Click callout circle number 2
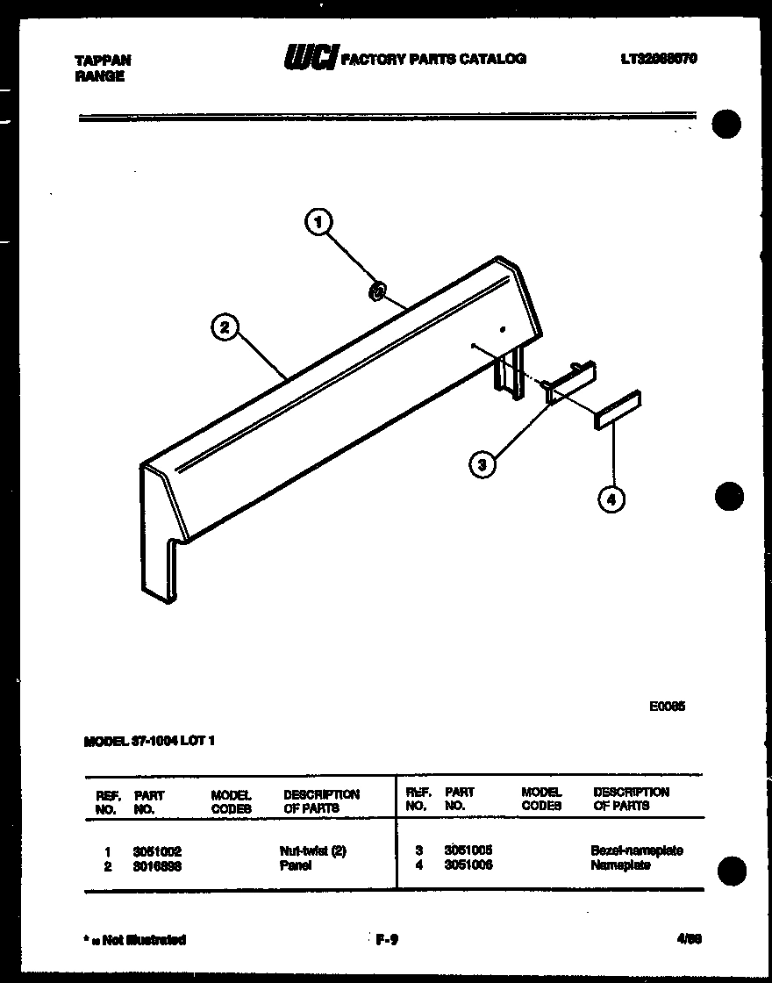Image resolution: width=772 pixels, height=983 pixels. click(225, 328)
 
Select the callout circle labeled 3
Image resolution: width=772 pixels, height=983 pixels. click(481, 464)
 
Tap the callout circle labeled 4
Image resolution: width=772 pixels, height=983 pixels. click(611, 499)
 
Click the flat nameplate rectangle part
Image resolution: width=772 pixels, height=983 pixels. click(617, 410)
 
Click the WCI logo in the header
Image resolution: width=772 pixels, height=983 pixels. click(310, 58)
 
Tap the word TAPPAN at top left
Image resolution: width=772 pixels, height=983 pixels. click(103, 61)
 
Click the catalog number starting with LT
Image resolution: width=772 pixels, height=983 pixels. click(658, 59)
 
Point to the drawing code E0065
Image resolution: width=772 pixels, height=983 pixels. click(667, 705)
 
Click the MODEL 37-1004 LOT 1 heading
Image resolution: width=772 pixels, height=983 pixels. click(149, 741)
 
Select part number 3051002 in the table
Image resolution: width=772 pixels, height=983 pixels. click(157, 851)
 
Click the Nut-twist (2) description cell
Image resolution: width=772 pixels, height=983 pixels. click(312, 851)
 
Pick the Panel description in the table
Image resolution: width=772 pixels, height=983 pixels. click(297, 865)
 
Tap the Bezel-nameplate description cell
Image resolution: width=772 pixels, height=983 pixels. click(636, 850)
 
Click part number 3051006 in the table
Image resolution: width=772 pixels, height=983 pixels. click(468, 865)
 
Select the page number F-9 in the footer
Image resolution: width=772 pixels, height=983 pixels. click(387, 940)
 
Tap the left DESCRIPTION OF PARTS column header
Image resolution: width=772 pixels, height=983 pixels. click(321, 800)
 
